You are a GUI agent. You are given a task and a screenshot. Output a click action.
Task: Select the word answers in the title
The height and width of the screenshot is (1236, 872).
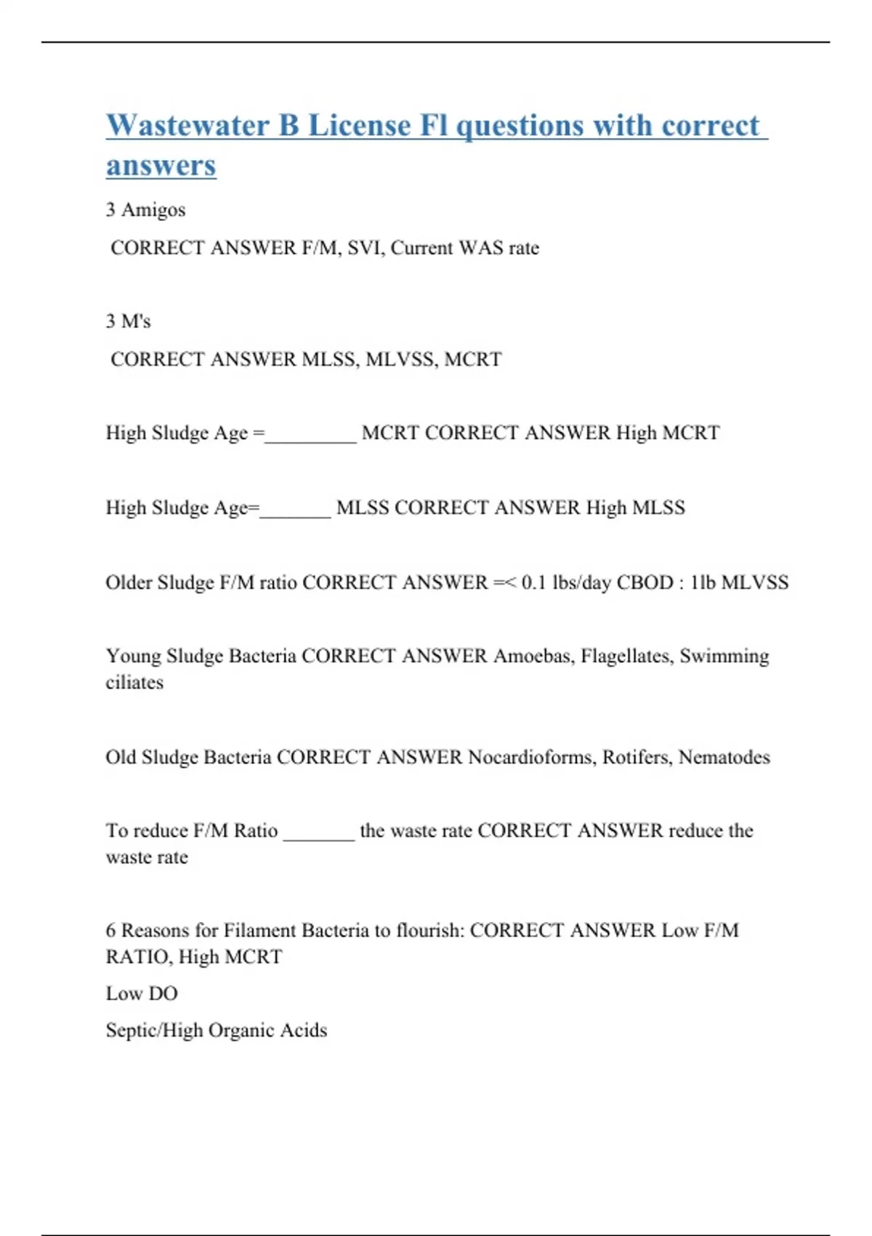pos(161,165)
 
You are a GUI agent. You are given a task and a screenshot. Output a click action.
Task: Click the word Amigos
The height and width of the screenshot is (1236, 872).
pos(153,210)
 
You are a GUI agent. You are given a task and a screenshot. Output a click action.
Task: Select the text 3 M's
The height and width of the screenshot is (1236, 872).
pos(128,321)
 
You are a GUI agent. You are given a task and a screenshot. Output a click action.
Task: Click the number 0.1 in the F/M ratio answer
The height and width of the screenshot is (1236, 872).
pos(533,582)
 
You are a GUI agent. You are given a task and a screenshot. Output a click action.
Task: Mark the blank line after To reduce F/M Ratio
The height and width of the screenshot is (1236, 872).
pos(318,836)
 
